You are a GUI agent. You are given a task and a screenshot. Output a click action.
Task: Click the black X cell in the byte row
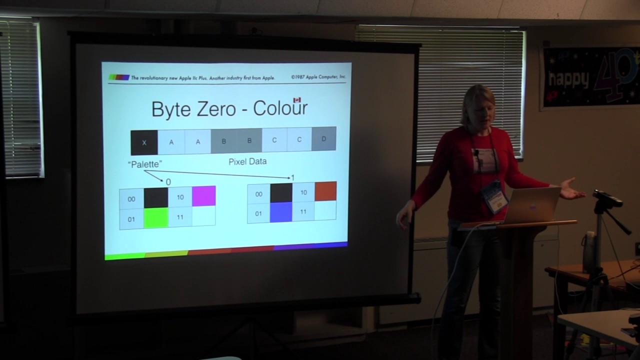click(144, 142)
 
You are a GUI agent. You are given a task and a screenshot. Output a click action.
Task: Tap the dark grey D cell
click(324, 139)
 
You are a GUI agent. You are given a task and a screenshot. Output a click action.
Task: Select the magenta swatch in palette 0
click(203, 196)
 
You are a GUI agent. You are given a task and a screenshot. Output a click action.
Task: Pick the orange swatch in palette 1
click(325, 191)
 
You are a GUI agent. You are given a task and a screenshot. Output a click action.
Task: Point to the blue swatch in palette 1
click(281, 212)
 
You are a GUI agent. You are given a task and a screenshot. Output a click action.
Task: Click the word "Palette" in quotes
click(145, 164)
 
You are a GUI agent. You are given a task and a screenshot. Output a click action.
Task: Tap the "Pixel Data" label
click(247, 161)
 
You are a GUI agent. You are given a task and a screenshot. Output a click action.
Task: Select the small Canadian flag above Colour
click(297, 100)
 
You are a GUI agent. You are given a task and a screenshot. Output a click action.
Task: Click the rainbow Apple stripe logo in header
click(119, 77)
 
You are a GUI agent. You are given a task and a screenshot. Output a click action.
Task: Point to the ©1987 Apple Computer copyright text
click(318, 77)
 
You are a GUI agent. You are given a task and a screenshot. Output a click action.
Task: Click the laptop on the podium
click(532, 205)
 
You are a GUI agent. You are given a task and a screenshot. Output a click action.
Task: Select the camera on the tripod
click(607, 198)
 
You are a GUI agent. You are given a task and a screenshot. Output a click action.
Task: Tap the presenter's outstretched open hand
click(572, 189)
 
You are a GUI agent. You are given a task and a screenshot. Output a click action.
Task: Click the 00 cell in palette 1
click(258, 194)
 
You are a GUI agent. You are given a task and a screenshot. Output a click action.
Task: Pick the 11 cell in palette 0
click(180, 217)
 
